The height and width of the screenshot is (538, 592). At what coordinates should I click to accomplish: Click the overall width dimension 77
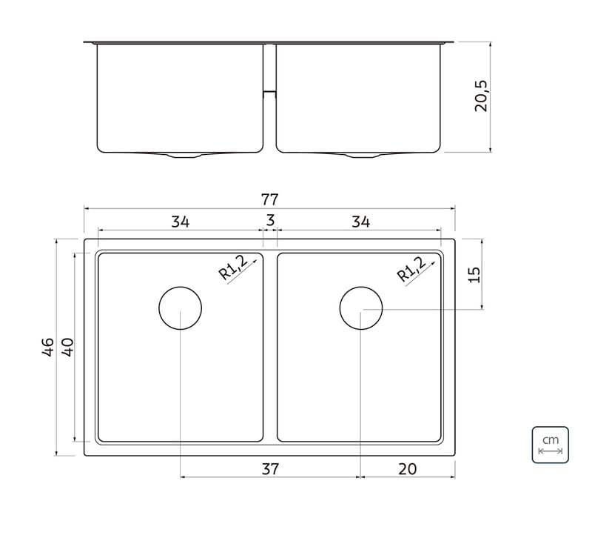269,199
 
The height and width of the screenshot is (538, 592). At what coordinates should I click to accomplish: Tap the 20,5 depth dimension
481,96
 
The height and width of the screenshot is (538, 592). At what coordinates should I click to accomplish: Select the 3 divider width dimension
270,220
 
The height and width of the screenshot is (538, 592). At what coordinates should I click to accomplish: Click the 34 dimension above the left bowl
180,222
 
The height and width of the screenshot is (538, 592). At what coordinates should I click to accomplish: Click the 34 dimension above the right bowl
360,222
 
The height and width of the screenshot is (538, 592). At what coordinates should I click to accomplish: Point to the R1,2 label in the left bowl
233,267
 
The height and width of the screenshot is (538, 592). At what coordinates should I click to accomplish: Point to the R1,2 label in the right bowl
411,268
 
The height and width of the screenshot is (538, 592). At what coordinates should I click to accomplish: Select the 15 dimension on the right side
474,275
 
